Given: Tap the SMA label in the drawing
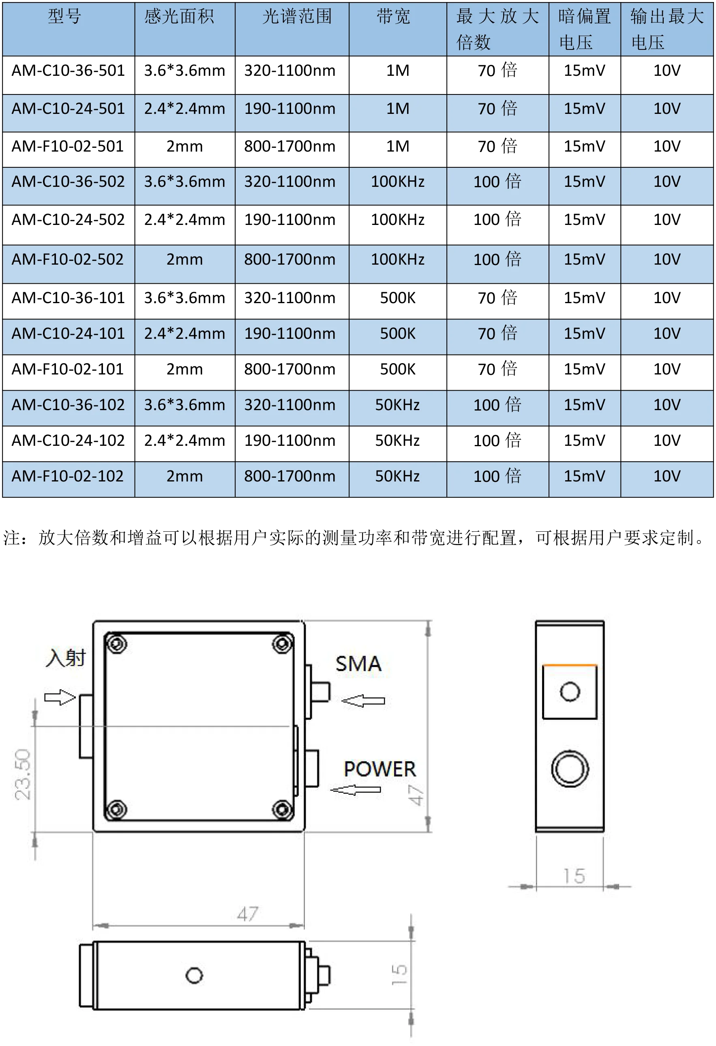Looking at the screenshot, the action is pyautogui.click(x=358, y=664).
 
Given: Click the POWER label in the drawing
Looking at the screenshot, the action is pyautogui.click(x=379, y=769).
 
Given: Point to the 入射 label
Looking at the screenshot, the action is pyautogui.click(x=66, y=658).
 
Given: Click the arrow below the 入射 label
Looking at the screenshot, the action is pyautogui.click(x=60, y=697).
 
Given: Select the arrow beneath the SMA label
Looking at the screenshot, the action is pyautogui.click(x=363, y=701).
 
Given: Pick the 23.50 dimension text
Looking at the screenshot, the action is pyautogui.click(x=23, y=774).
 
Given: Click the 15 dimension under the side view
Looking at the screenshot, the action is pyautogui.click(x=575, y=876).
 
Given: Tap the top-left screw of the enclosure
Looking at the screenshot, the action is pyautogui.click(x=117, y=644).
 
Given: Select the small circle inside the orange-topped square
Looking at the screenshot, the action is pyautogui.click(x=570, y=692).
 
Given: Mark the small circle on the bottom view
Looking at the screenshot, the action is pyautogui.click(x=194, y=975).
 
